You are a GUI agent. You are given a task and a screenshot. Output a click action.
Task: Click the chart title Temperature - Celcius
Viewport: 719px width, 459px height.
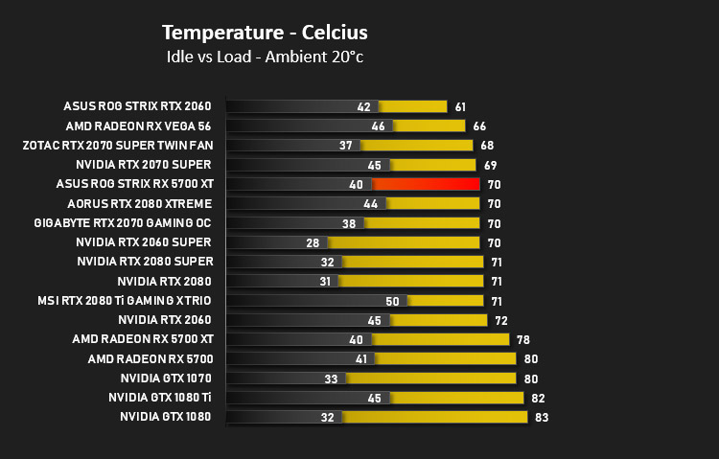click(x=265, y=33)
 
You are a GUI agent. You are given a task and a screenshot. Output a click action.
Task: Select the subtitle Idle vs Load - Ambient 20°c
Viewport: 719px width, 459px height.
click(x=265, y=57)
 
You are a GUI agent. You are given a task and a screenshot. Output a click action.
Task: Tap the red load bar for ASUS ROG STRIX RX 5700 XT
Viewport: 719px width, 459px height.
click(x=426, y=184)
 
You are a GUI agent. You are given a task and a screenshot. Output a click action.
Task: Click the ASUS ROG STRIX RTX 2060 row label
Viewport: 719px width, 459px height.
click(x=137, y=106)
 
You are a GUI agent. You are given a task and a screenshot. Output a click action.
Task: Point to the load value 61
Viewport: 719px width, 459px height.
click(x=460, y=106)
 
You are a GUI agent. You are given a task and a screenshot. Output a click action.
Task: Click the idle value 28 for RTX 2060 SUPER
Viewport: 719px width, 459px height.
click(x=313, y=242)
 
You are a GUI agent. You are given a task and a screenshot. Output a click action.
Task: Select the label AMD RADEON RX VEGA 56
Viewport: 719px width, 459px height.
click(x=138, y=126)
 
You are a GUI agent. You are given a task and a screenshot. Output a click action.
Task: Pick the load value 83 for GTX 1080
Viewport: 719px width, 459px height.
click(x=542, y=417)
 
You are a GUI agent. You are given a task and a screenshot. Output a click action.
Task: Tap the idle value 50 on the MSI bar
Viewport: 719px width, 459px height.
click(x=392, y=301)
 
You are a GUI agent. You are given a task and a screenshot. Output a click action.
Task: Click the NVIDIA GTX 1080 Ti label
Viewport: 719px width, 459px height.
click(x=160, y=397)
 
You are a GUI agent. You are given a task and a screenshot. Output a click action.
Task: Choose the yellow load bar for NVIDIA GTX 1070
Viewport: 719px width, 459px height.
click(x=431, y=379)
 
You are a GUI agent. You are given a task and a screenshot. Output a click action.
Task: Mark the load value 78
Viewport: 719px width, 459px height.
click(x=523, y=340)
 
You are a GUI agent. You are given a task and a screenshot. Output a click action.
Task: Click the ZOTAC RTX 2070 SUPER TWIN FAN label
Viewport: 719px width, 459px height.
click(x=118, y=146)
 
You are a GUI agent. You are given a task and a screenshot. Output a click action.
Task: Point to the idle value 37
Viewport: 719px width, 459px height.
click(x=346, y=146)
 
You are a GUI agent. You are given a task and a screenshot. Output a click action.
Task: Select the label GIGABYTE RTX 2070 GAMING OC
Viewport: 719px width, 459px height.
click(x=123, y=223)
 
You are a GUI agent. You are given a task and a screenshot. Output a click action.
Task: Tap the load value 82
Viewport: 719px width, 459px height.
click(x=538, y=398)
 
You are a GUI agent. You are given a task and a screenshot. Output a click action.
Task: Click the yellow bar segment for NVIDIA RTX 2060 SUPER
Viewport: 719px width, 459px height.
click(x=404, y=242)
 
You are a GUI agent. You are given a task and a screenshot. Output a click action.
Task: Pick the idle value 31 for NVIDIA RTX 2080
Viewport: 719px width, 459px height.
click(x=325, y=281)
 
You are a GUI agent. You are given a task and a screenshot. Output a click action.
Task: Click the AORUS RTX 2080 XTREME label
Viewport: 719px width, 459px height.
click(x=139, y=203)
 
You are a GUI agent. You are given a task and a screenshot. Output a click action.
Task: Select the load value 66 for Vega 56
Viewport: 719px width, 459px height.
click(x=479, y=126)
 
